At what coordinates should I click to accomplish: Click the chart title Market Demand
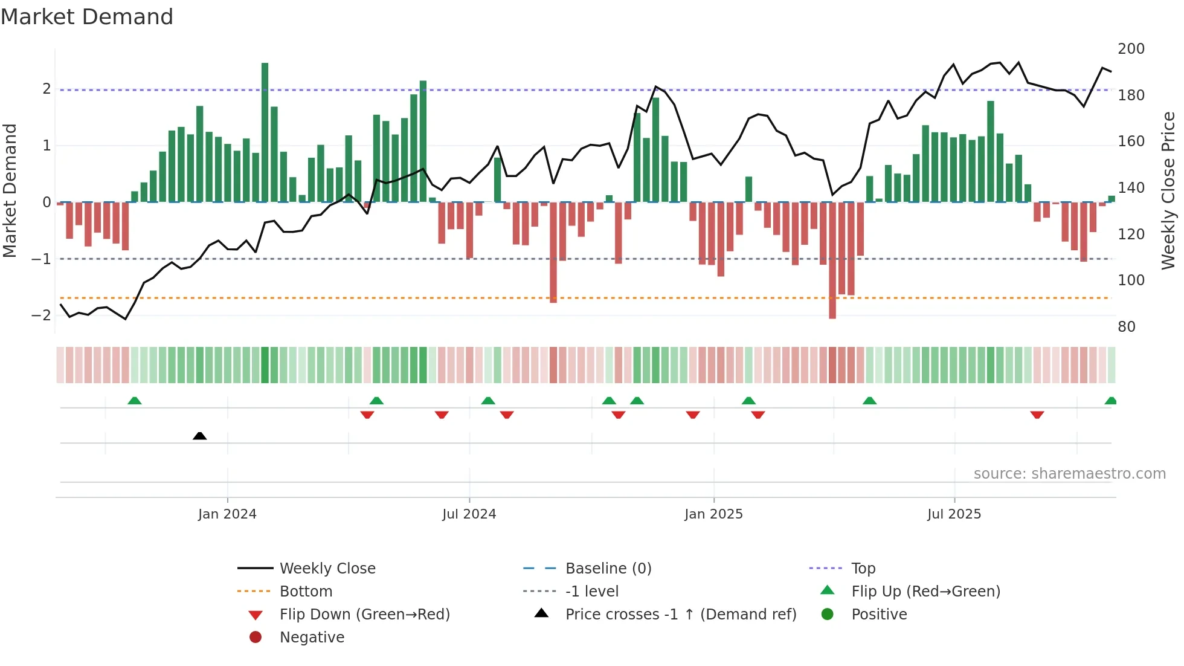[x=87, y=17]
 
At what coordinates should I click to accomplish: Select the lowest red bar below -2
[x=832, y=260]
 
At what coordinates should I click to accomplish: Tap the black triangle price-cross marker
[x=199, y=436]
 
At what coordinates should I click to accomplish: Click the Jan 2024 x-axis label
[x=227, y=514]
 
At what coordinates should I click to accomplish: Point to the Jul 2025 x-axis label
[x=954, y=514]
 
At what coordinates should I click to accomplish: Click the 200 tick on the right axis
[x=1131, y=49]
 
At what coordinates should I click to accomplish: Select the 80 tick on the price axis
[x=1127, y=327]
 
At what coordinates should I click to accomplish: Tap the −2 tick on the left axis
[x=41, y=315]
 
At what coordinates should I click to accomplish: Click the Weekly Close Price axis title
[x=1168, y=190]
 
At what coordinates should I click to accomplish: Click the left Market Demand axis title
[x=10, y=190]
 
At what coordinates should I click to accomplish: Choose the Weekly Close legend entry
[x=327, y=569]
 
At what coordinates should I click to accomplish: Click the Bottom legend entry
[x=306, y=592]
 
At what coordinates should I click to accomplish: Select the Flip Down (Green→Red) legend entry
[x=364, y=615]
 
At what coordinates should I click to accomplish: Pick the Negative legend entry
[x=312, y=638]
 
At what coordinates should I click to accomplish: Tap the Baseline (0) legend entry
[x=608, y=569]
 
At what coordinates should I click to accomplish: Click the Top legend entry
[x=863, y=569]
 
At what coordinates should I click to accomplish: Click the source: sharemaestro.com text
[x=1069, y=474]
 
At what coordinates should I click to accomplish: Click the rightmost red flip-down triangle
[x=1037, y=415]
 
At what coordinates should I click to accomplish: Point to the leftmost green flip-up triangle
[x=135, y=401]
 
